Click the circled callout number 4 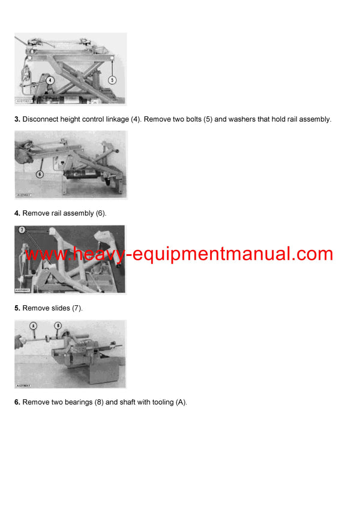[x=50, y=80]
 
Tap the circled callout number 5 [x=112, y=80]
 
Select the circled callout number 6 [x=40, y=174]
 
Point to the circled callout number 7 [x=22, y=230]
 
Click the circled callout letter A [x=33, y=326]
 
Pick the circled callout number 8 [x=58, y=326]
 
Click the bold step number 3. [x=17, y=119]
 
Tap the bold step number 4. [x=17, y=213]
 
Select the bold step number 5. [x=17, y=308]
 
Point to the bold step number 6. [x=17, y=402]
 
